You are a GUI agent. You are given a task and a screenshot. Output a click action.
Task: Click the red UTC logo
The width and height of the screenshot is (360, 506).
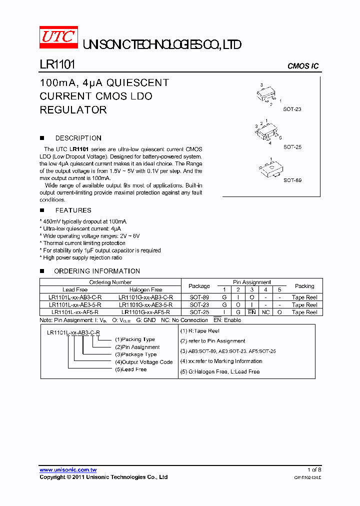[58, 38]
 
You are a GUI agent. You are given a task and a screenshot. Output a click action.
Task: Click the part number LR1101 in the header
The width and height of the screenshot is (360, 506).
[57, 65]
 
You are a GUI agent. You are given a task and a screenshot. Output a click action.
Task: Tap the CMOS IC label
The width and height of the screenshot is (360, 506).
[302, 66]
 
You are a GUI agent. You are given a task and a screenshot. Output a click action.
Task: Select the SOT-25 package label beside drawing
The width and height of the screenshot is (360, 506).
[292, 147]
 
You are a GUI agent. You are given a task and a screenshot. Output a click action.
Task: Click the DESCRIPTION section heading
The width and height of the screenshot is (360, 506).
[78, 138]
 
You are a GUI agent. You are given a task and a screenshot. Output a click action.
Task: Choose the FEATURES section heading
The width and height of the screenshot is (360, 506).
[73, 210]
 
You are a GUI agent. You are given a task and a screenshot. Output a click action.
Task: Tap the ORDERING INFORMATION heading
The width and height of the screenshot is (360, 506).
[97, 271]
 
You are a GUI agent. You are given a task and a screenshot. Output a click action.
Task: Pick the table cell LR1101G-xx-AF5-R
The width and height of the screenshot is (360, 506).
[145, 312]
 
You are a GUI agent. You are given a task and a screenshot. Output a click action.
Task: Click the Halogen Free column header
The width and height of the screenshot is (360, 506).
[145, 289]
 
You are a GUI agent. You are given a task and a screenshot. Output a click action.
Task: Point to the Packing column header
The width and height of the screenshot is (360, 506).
[304, 286]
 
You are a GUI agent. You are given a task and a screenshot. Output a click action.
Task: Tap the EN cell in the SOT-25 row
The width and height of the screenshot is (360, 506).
[251, 312]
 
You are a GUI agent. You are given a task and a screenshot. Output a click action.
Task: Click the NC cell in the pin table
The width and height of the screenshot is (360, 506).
[265, 312]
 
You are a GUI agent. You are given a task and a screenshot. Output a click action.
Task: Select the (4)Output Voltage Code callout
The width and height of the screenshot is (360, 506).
[144, 362]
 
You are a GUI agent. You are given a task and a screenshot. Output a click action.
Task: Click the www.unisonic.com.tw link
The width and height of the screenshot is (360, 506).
[68, 469]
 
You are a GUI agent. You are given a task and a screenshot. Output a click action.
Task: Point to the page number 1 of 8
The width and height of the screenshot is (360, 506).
[314, 469]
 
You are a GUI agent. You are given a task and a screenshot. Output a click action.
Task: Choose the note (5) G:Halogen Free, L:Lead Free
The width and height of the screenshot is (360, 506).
[220, 371]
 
